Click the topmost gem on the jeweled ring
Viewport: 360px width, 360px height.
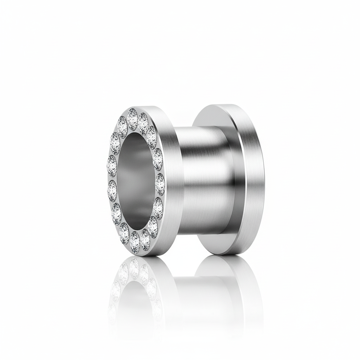[x=133, y=118]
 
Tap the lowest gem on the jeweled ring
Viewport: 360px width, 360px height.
[x=135, y=242]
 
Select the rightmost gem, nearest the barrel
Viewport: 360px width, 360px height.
[x=160, y=182]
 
